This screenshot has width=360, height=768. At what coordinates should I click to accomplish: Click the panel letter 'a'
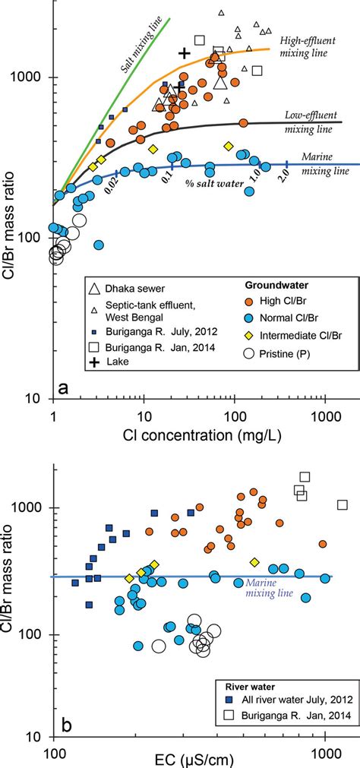[x=64, y=388]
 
